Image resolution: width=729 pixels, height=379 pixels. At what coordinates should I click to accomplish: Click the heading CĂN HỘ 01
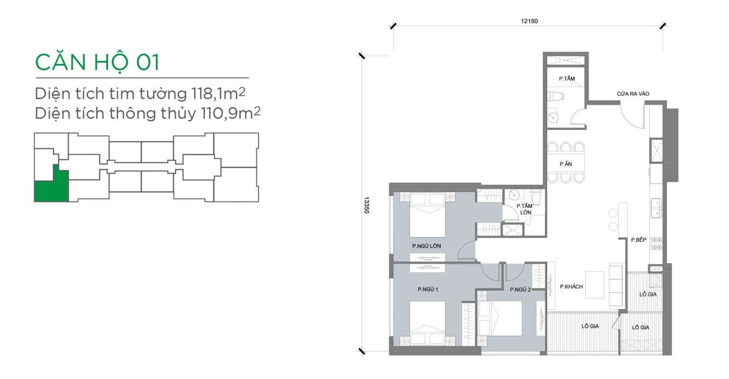pyautogui.click(x=97, y=63)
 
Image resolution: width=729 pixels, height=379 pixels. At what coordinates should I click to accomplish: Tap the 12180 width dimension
pyautogui.click(x=529, y=21)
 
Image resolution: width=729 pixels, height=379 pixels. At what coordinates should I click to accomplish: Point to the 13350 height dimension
pyautogui.click(x=366, y=205)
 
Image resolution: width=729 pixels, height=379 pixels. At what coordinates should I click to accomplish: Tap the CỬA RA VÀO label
pyautogui.click(x=633, y=94)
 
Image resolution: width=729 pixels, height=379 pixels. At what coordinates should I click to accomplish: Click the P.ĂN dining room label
pyautogui.click(x=566, y=164)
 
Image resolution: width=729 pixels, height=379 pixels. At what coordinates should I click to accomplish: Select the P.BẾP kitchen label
pyautogui.click(x=638, y=240)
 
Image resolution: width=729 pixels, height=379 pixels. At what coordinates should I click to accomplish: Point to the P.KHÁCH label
pyautogui.click(x=571, y=287)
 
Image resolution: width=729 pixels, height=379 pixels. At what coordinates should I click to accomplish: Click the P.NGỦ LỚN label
pyautogui.click(x=426, y=246)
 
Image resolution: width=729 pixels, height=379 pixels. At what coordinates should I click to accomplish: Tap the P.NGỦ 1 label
pyautogui.click(x=428, y=289)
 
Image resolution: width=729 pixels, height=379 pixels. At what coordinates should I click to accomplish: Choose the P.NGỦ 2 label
pyautogui.click(x=520, y=289)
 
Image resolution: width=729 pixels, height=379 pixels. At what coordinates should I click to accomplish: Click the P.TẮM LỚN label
pyautogui.click(x=524, y=209)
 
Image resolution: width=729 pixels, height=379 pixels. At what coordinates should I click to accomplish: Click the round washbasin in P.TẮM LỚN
pyautogui.click(x=514, y=195)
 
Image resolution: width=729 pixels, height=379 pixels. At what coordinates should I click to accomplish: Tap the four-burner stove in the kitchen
pyautogui.click(x=656, y=244)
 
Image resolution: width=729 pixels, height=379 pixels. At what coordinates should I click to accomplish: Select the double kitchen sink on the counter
pyautogui.click(x=656, y=208)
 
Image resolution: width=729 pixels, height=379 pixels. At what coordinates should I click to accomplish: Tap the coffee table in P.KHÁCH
pyautogui.click(x=595, y=285)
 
